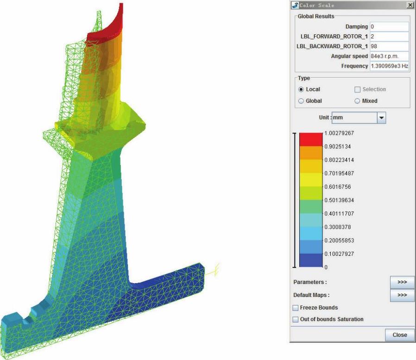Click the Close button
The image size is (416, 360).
pos(399,335)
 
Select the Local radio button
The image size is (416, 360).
pos(301,89)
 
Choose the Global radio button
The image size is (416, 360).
pos(301,101)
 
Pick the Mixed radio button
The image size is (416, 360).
pos(357,101)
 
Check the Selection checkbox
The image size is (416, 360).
pos(357,89)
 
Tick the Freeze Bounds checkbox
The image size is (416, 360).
pos(295,308)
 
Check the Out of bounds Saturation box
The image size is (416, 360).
pos(295,319)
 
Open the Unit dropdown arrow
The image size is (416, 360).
pos(381,118)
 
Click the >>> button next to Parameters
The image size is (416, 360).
pos(402,282)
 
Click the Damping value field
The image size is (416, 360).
pos(389,26)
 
